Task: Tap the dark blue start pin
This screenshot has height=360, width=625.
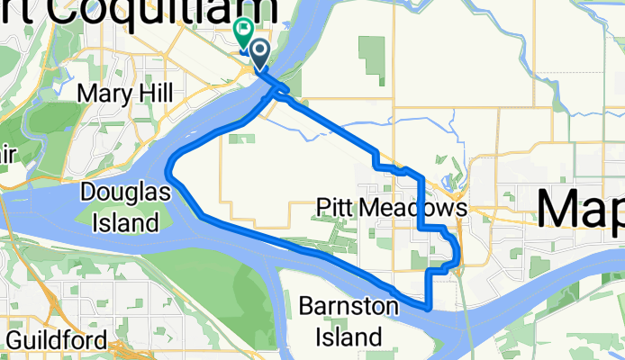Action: [259, 53]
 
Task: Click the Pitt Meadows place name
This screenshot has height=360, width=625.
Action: [393, 209]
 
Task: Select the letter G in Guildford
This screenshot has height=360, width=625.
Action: [14, 340]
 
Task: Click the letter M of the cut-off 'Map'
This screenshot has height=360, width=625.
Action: [560, 209]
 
